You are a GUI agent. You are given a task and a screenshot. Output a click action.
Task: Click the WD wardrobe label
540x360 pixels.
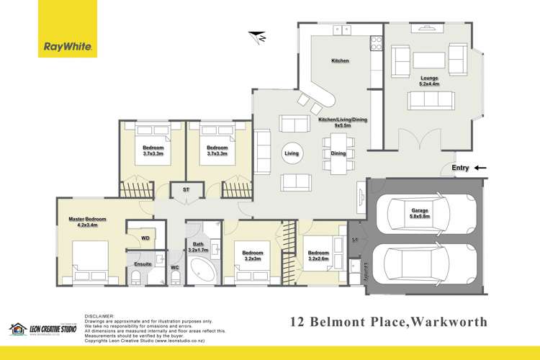pos(145,237)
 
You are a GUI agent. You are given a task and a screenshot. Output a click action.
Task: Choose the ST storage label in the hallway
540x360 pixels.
pos(186,190)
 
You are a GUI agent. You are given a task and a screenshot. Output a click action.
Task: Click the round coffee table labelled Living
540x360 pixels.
pos(292,153)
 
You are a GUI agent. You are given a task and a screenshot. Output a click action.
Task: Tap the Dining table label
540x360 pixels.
pos(338,153)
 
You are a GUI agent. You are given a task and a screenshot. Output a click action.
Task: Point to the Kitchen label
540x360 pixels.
pos(340,61)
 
